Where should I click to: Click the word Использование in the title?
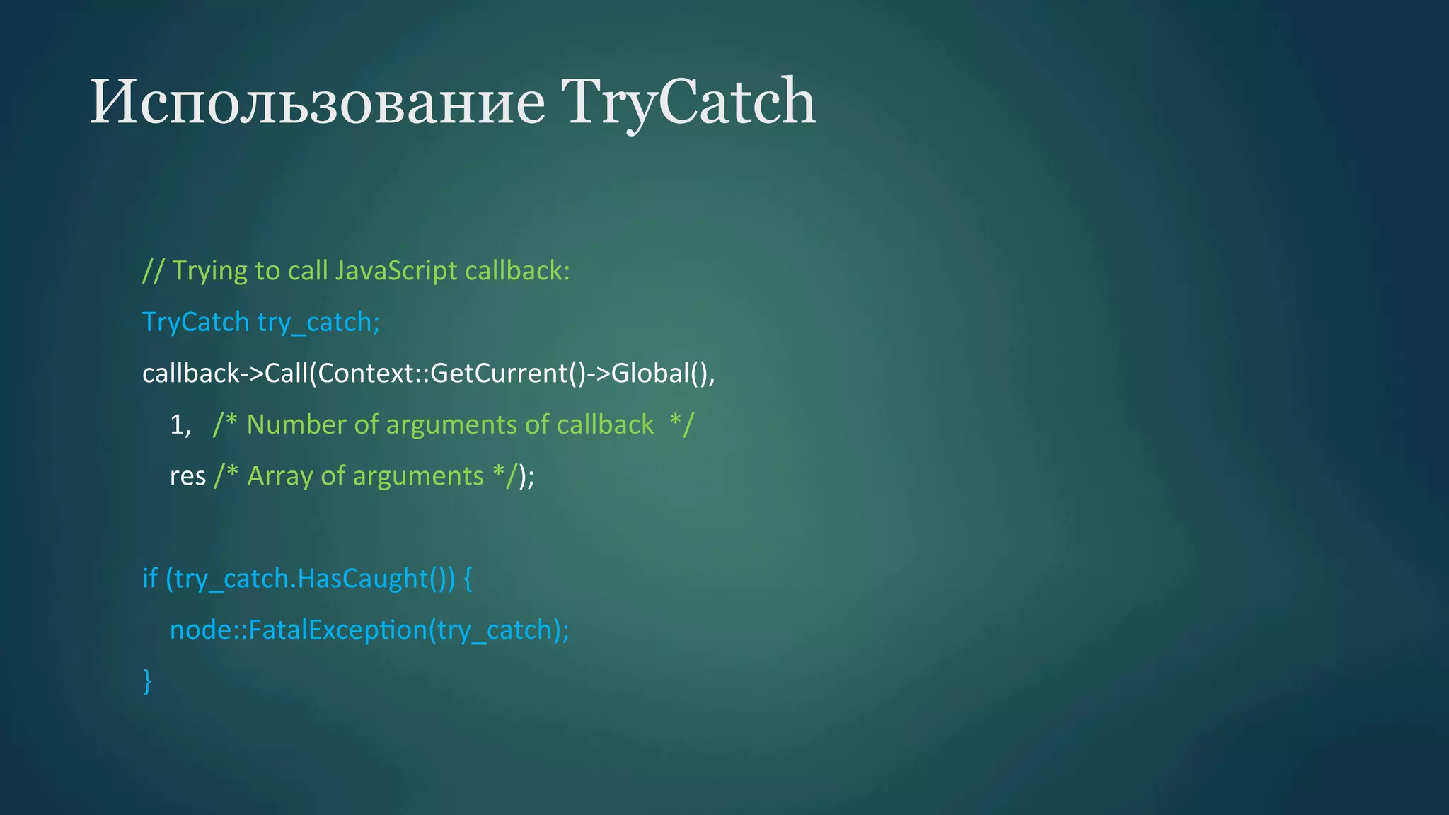[317, 103]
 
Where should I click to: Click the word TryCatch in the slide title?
[688, 103]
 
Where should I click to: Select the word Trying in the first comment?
[209, 271]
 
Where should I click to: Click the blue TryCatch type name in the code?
[195, 323]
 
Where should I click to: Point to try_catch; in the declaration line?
[318, 323]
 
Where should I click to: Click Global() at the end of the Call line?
[662, 374]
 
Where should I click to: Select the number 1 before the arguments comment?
[176, 424]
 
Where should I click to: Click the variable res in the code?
[187, 476]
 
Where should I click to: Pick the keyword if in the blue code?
[149, 579]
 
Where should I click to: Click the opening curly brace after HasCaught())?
[468, 579]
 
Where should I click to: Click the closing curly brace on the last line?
[147, 681]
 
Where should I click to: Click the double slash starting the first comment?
[153, 271]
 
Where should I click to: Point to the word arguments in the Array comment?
[417, 476]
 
